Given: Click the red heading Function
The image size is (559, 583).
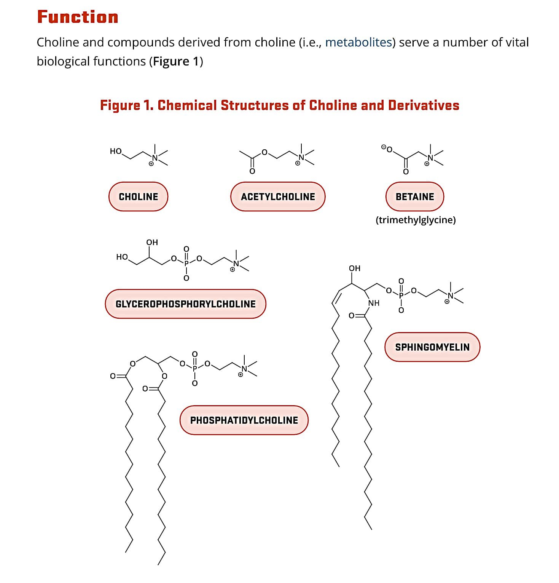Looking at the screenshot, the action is [78, 17].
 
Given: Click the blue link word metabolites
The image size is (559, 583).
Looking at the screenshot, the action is [358, 42].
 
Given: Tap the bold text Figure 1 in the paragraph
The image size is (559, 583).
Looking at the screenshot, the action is [176, 61].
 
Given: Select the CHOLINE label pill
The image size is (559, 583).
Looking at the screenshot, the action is [138, 196].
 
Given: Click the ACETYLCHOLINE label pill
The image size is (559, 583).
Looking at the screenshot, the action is [278, 196].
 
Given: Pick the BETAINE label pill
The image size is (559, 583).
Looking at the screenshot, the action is [415, 196].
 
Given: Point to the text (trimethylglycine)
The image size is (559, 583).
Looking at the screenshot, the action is [416, 220].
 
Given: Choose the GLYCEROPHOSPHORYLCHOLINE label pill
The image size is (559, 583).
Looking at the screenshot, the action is [185, 304].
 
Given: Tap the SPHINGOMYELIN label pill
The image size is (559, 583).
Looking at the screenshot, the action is [432, 347].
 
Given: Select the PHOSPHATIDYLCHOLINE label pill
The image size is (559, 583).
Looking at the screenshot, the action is [244, 420].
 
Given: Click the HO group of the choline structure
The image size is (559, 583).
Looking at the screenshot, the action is [116, 151].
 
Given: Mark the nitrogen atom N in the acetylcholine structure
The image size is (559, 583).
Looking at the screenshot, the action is [301, 157].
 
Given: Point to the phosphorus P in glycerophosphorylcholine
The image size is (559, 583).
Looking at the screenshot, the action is [186, 263].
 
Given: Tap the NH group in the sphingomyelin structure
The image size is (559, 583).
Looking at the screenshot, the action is [374, 303].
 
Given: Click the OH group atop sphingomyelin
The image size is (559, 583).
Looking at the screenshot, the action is [355, 268].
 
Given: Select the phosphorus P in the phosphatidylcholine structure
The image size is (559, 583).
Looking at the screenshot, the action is [195, 368].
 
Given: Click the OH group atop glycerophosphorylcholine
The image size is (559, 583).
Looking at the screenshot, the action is [152, 242].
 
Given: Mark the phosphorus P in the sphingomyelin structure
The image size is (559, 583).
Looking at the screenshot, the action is [401, 295].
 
